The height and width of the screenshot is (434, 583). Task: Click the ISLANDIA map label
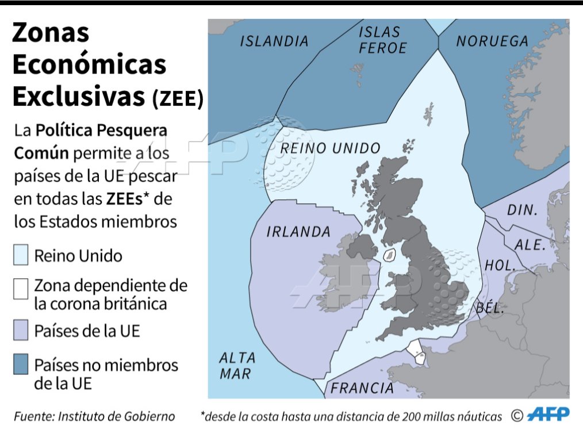click(x=274, y=41)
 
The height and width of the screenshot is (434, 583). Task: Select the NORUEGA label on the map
click(x=492, y=41)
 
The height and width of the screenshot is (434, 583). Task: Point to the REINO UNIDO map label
click(x=329, y=148)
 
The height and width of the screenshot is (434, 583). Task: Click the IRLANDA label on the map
click(x=298, y=232)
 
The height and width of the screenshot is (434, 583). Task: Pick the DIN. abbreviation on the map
click(x=521, y=210)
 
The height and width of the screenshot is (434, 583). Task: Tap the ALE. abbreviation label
click(x=529, y=244)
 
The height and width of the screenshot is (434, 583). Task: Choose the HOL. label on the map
click(x=498, y=265)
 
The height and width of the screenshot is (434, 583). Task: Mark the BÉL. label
click(x=490, y=308)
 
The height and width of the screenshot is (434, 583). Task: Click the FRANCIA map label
click(x=362, y=388)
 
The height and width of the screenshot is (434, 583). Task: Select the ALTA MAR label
click(x=237, y=366)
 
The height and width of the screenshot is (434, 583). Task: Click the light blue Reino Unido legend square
click(x=21, y=255)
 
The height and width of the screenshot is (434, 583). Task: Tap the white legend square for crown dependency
click(x=21, y=289)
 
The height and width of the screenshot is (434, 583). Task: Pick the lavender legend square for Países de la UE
click(x=21, y=331)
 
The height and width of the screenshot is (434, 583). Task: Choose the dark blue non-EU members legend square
click(x=21, y=364)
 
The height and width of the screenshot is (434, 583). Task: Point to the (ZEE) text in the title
click(x=178, y=99)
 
